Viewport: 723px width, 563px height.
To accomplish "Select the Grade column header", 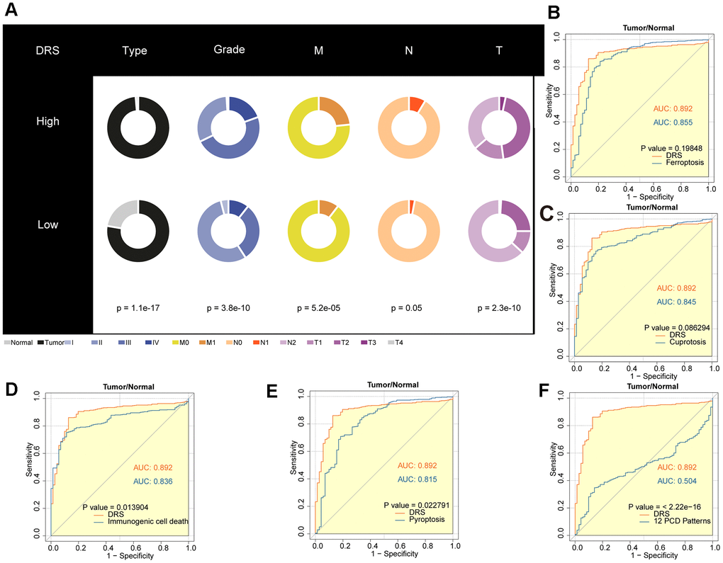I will coord(229,50).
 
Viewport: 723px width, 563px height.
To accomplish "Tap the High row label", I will coord(48,121).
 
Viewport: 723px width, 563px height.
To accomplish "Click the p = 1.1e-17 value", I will coord(138,309).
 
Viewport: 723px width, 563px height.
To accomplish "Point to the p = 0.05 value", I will coord(410,309).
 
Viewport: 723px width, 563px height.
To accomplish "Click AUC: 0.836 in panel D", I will coord(152,481).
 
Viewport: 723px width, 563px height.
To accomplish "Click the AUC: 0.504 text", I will coord(676,481).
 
